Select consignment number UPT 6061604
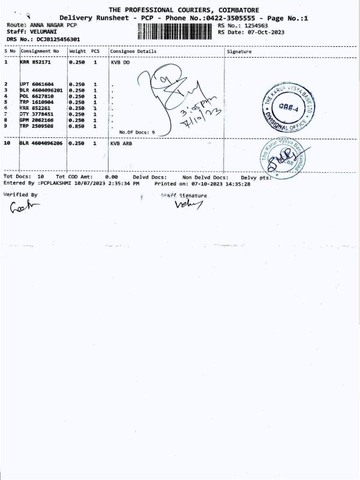point(37,84)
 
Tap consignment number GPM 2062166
point(37,120)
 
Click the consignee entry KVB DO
point(120,62)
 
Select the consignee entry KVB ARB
point(121,144)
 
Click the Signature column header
point(240,52)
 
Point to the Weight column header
point(78,52)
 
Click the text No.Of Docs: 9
point(137,132)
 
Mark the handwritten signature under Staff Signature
point(189,205)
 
